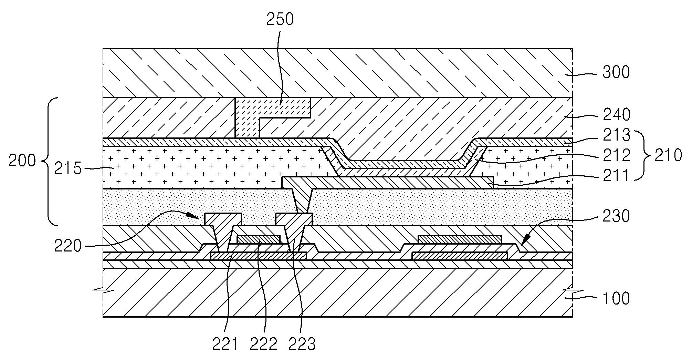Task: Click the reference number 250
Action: click(x=280, y=20)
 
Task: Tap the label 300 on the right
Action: click(x=616, y=72)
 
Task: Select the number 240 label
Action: click(x=616, y=114)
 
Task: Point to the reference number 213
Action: click(x=616, y=135)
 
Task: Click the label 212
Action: click(x=616, y=156)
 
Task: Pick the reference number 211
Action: click(x=616, y=176)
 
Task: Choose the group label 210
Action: click(x=668, y=155)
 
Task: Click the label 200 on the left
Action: click(x=22, y=161)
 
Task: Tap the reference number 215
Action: click(x=68, y=169)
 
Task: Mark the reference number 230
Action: click(x=616, y=216)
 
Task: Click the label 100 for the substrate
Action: click(x=616, y=298)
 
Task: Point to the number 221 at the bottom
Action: click(x=225, y=343)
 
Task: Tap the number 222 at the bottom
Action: click(x=264, y=343)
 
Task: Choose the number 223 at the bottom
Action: click(x=302, y=343)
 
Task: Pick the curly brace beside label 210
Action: click(x=642, y=155)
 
